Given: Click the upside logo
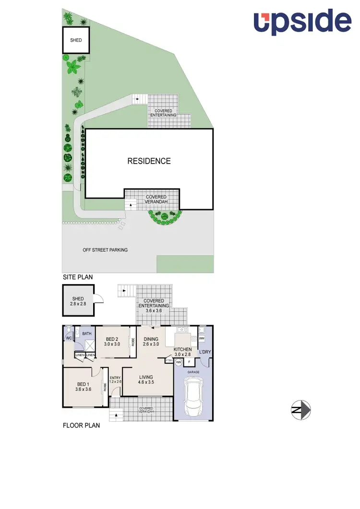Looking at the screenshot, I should tap(302, 22).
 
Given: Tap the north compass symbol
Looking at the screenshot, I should tap(301, 410).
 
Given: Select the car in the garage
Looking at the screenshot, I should tap(194, 397).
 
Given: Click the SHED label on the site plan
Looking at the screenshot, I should tap(76, 40).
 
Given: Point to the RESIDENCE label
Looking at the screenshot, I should tap(149, 161).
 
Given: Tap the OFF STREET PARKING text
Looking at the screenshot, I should tap(105, 250).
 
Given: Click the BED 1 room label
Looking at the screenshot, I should tap(83, 387).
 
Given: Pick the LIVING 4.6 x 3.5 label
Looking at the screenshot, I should tap(146, 379).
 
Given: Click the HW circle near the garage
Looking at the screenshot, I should tap(179, 362).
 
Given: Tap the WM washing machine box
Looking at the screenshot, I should tap(202, 339).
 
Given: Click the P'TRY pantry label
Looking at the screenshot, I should tap(168, 360).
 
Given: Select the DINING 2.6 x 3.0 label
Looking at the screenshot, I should tap(151, 342).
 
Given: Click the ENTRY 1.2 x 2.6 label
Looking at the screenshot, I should tap(115, 379).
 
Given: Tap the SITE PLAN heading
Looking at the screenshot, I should tap(78, 277).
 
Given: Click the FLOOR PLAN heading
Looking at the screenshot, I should tap(82, 425).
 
